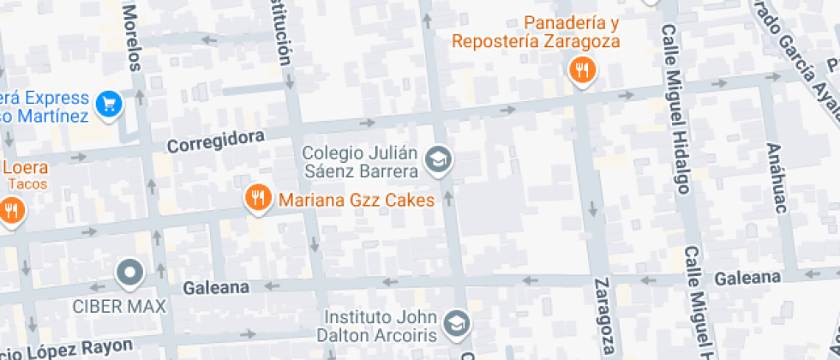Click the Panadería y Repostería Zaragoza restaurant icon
[583, 71]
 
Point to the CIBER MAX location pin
[130, 273]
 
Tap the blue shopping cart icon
[109, 104]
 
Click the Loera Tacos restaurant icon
[10, 209]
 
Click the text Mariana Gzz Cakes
[356, 201]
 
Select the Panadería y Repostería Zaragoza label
[536, 31]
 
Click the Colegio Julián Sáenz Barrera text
[360, 162]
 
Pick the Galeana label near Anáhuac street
[747, 277]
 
